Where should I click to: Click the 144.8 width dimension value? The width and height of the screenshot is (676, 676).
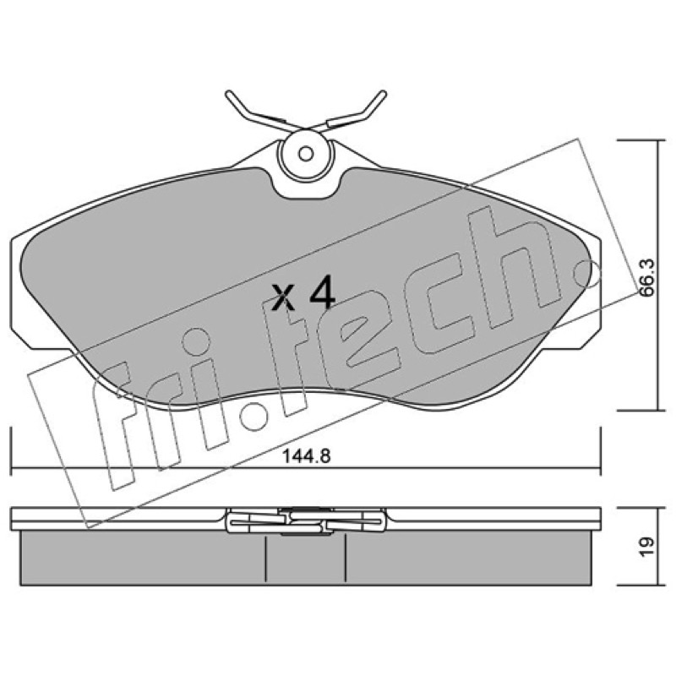coord(306,455)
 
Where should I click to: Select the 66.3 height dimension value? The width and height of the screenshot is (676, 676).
coord(646,278)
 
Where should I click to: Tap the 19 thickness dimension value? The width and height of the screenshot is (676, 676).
coord(646,547)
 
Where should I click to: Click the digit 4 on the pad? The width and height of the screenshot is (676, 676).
coord(322,292)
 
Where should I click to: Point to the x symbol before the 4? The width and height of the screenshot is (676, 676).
coord(283,297)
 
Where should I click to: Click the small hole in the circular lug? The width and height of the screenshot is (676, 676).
coord(306,153)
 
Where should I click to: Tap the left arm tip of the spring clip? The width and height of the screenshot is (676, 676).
coord(229,94)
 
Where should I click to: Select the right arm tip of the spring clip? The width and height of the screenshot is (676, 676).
coord(383,94)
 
